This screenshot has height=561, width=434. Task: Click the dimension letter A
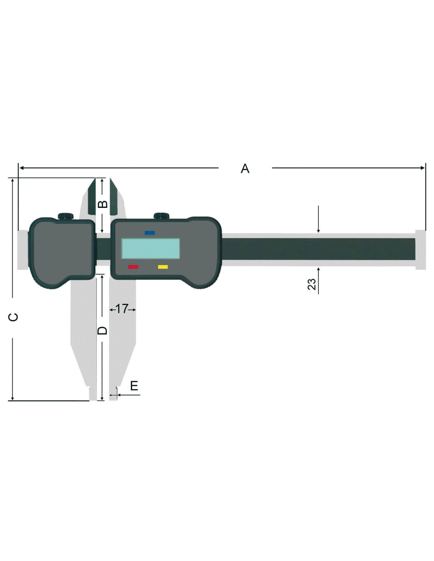tap(245, 168)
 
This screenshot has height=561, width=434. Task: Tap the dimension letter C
tap(13, 317)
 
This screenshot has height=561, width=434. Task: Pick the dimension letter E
tap(134, 386)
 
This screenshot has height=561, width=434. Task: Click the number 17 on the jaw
tap(122, 309)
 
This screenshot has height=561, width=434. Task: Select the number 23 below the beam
tap(312, 284)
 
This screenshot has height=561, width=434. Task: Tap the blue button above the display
tap(150, 233)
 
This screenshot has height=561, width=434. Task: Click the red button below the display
tap(133, 267)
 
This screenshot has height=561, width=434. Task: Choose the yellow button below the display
tap(163, 267)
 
